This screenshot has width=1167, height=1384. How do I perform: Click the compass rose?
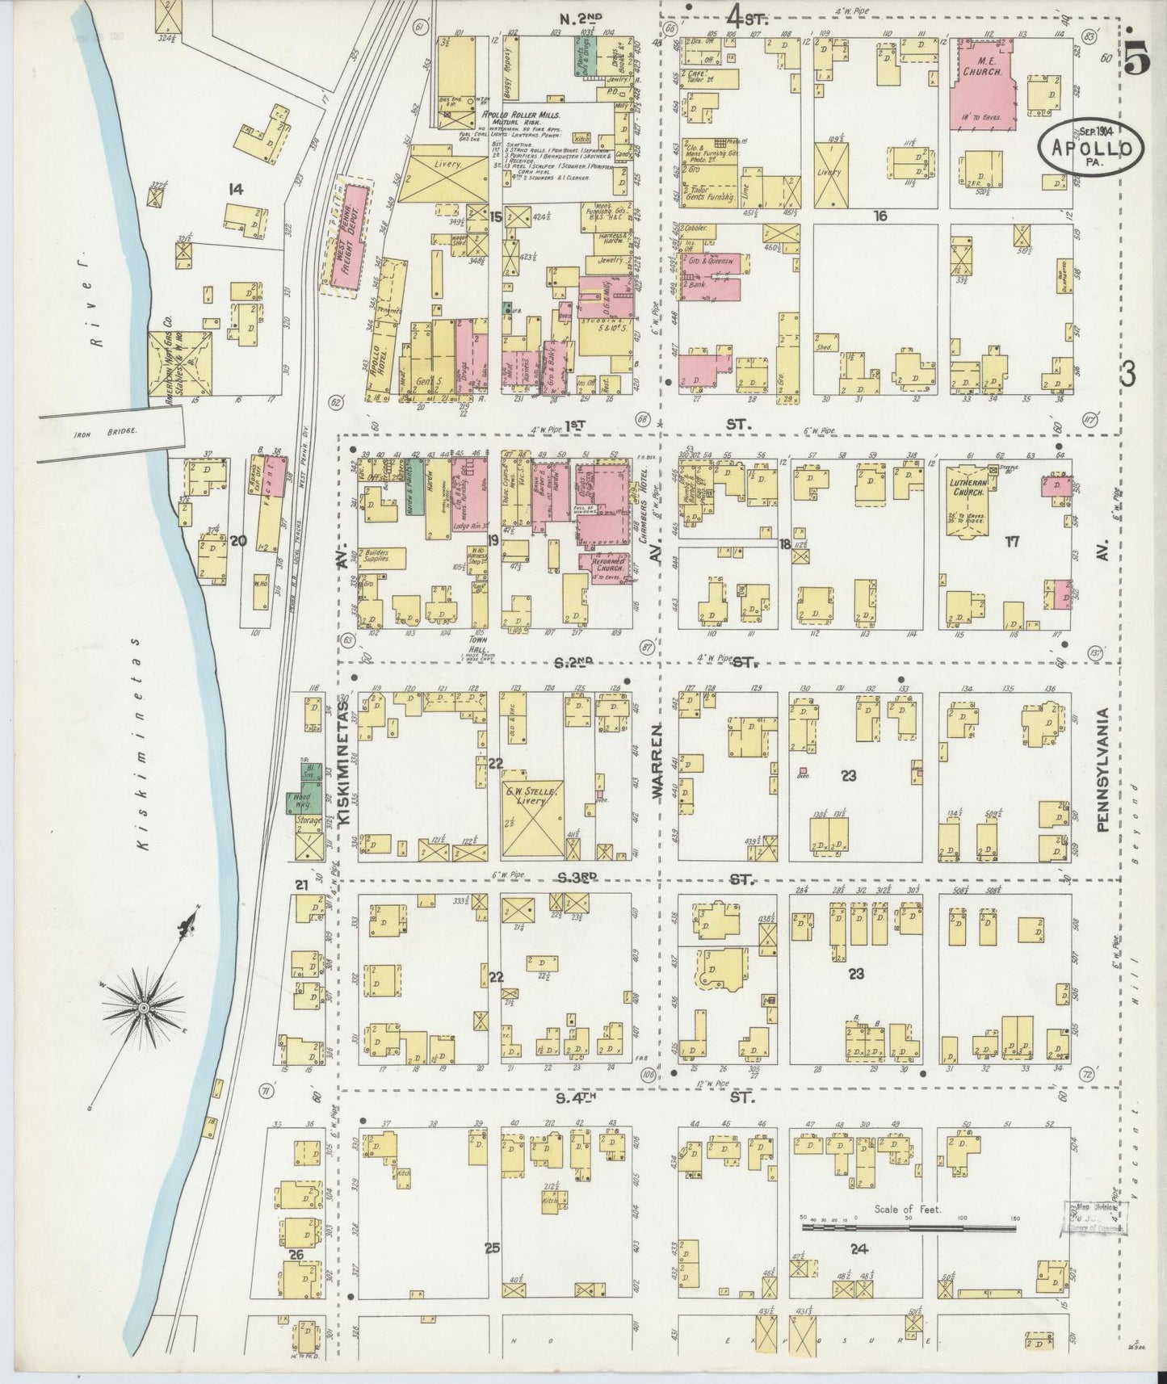pos(143,1008)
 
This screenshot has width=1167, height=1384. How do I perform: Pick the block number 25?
pos(493,1248)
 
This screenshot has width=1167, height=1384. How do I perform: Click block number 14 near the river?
pos(236,190)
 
